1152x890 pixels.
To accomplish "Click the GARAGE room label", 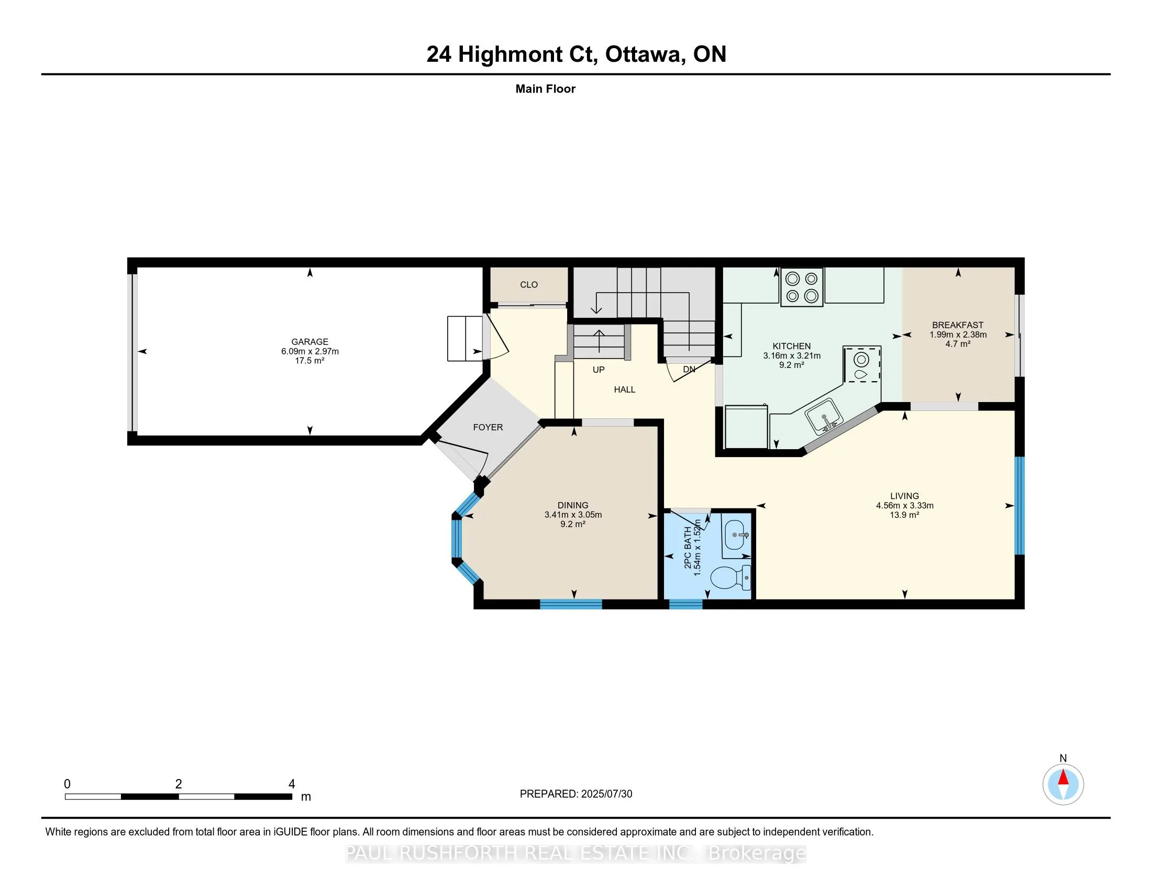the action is tap(309, 342).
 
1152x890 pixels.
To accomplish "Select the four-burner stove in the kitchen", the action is tap(801, 287).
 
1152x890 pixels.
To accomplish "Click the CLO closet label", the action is tap(528, 285).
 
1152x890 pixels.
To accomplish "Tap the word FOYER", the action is tap(488, 427).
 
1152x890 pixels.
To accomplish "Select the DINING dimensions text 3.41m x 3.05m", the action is tap(573, 515).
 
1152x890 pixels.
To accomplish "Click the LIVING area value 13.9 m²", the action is tap(905, 515).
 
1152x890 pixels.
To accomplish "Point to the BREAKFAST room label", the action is tap(958, 325).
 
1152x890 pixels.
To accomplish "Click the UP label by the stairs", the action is tap(598, 370).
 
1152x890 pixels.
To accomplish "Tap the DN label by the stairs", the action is tap(689, 370).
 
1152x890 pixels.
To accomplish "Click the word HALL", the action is tap(625, 390).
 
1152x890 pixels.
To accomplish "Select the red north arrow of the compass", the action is tap(1063, 777).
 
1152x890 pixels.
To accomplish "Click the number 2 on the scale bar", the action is tap(178, 784).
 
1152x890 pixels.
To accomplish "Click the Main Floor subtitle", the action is tap(546, 88).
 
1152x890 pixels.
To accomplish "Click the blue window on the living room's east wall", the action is tap(1020, 505).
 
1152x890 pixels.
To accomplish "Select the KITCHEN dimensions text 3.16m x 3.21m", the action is tap(792, 356).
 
